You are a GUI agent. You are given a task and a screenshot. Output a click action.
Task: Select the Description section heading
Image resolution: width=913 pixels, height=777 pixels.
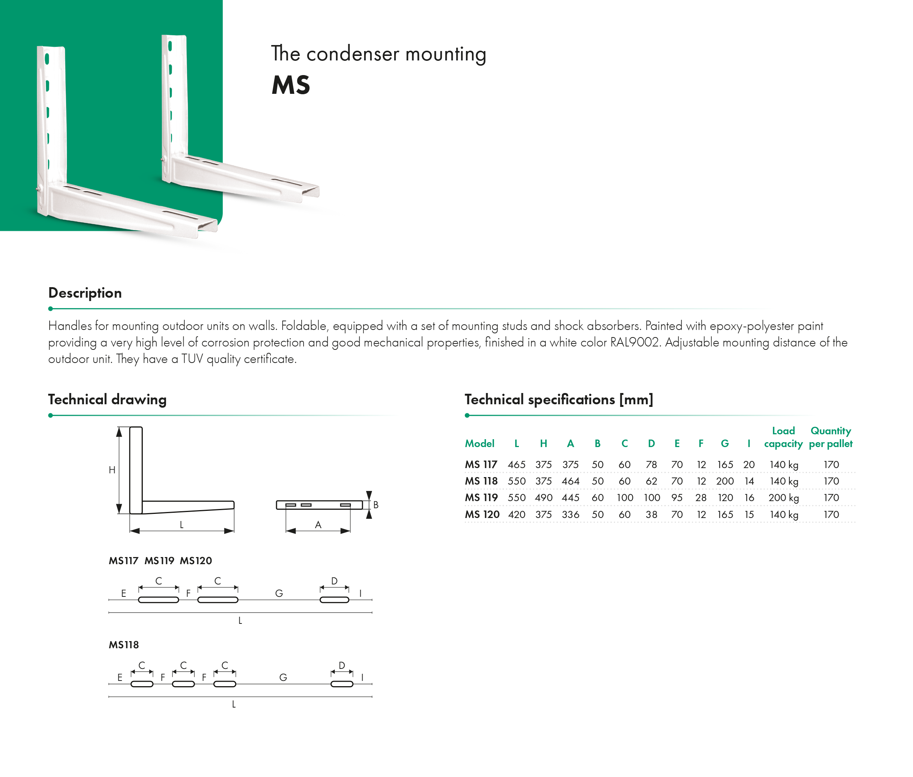(x=85, y=293)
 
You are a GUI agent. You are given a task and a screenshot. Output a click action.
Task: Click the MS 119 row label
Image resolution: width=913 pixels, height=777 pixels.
(x=481, y=498)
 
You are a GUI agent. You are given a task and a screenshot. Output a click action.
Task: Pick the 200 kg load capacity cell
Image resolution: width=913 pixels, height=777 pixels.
(x=783, y=498)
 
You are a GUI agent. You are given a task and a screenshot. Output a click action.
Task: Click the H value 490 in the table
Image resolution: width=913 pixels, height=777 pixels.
(x=543, y=498)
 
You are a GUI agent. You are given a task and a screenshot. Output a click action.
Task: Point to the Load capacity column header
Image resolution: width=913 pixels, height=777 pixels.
(x=783, y=437)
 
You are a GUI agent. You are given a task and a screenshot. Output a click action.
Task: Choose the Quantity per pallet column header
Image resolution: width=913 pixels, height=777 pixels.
(x=831, y=437)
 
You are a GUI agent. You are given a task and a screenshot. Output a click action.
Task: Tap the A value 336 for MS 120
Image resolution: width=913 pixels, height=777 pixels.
(x=570, y=515)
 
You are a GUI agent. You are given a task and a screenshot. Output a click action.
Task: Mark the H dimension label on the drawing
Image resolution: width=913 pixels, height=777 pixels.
(x=112, y=470)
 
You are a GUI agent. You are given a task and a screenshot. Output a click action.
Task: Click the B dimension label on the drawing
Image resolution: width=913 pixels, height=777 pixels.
(x=376, y=505)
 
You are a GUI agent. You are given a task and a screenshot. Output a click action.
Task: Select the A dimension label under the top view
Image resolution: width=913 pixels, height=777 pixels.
(x=318, y=525)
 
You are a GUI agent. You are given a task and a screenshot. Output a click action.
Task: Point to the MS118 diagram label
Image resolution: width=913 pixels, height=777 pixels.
(x=124, y=645)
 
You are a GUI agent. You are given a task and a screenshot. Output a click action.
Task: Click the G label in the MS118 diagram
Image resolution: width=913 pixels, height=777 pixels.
(x=283, y=678)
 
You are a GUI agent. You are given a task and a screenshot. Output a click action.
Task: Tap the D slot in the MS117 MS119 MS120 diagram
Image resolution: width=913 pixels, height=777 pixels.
(x=334, y=599)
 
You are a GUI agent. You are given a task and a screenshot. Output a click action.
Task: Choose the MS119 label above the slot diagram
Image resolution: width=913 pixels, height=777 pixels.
(x=160, y=561)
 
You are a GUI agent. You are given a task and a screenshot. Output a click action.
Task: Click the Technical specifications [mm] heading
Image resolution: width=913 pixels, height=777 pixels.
(x=559, y=400)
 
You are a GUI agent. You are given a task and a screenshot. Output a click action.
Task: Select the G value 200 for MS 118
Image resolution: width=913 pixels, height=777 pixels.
(x=725, y=481)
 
